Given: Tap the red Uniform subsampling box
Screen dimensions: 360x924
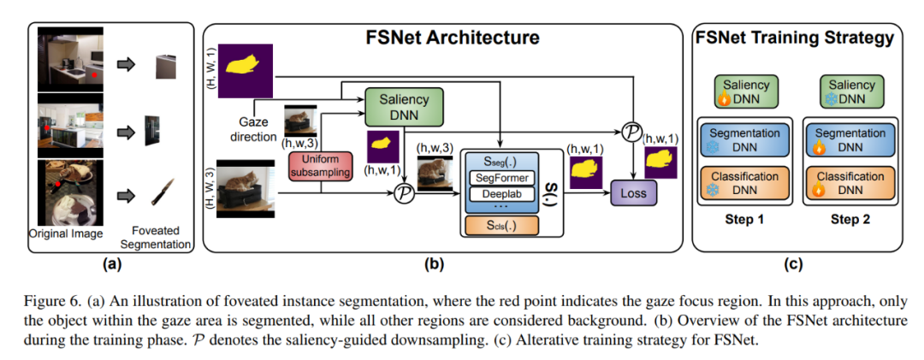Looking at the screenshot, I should (322, 165).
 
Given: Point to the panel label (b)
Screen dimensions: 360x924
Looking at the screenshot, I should (435, 263).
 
